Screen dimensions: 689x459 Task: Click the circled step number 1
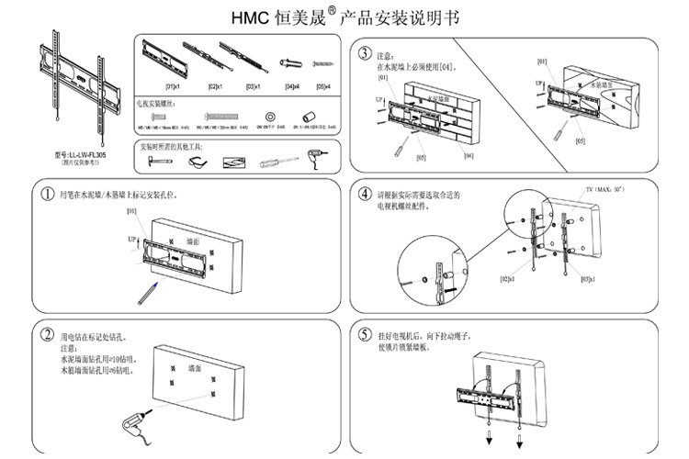(47, 196)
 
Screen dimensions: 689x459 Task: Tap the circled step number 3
(366, 54)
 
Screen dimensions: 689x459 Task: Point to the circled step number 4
(366, 196)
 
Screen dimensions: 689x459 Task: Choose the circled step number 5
(366, 334)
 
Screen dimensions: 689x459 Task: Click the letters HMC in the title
(249, 17)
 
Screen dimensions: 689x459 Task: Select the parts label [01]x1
(171, 87)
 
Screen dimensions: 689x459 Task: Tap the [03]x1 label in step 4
(587, 279)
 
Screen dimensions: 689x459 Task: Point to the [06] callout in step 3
(469, 156)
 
